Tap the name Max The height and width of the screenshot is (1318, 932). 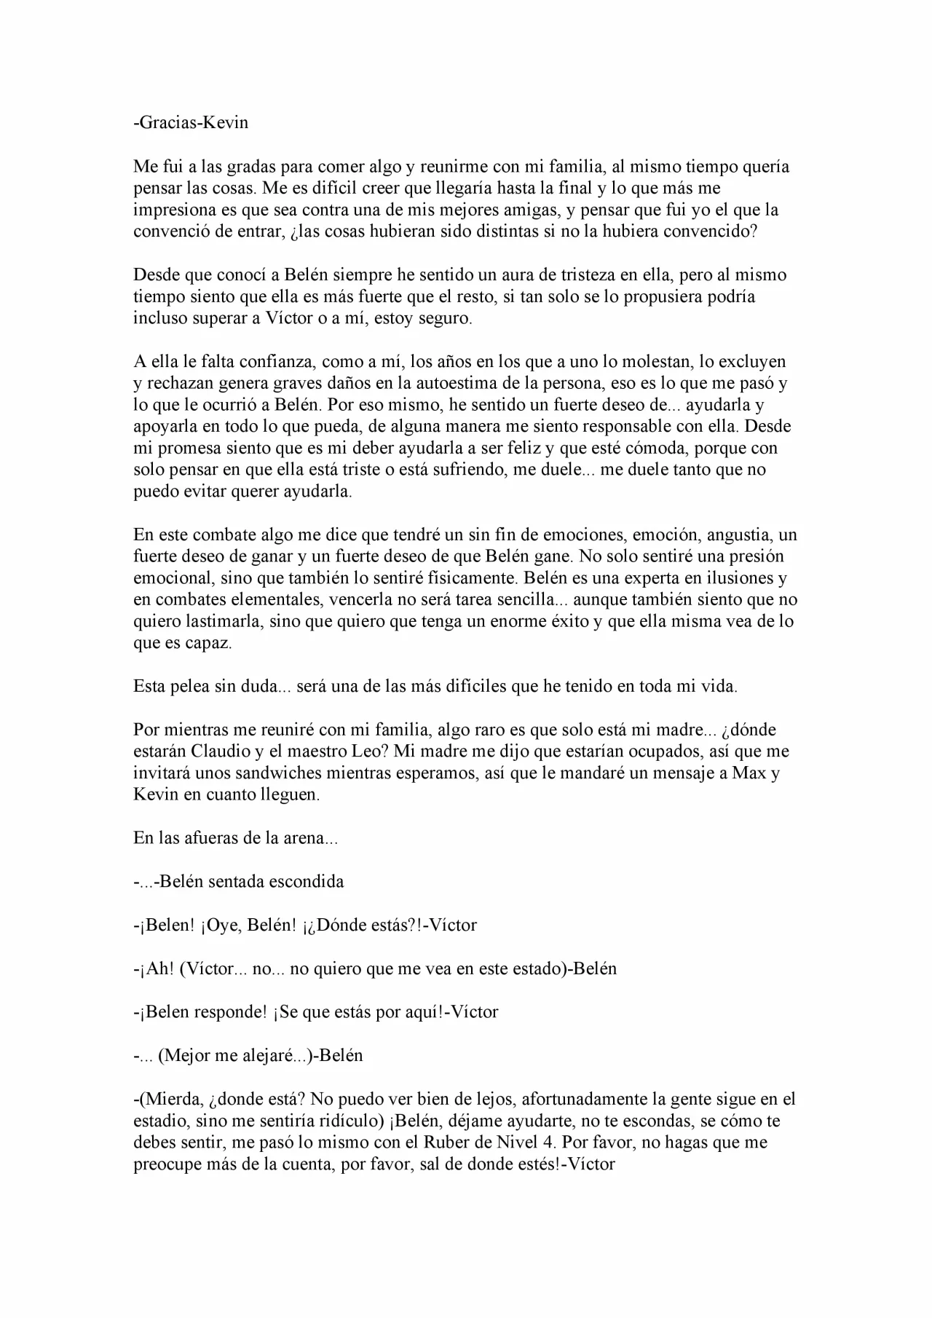(x=750, y=773)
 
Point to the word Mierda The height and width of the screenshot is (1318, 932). (x=167, y=1099)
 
